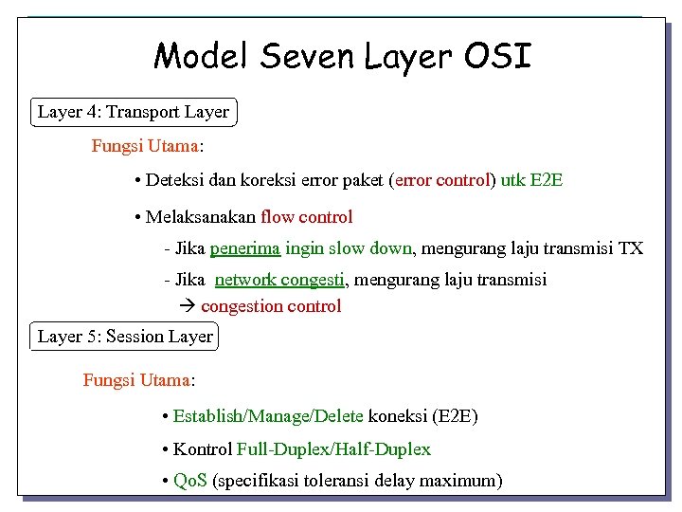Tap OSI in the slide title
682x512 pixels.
[x=498, y=56]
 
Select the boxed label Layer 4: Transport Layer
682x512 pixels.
[x=134, y=113]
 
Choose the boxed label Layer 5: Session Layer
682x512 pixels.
[x=125, y=337]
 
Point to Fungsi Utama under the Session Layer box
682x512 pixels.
[x=137, y=380]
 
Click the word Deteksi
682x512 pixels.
[x=176, y=179]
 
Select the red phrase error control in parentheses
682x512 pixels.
[x=442, y=179]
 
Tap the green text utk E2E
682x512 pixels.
[x=531, y=179]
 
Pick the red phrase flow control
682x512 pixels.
[x=306, y=217]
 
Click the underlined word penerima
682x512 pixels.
[x=244, y=248]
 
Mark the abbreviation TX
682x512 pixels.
[x=630, y=248]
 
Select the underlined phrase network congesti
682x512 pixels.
[x=280, y=280]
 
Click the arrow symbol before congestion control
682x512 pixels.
[x=186, y=306]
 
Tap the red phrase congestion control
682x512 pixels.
[x=271, y=306]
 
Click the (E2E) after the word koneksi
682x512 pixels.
[x=455, y=416]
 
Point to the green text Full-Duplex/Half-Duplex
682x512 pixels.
[x=333, y=449]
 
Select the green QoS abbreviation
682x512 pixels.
[x=191, y=481]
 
